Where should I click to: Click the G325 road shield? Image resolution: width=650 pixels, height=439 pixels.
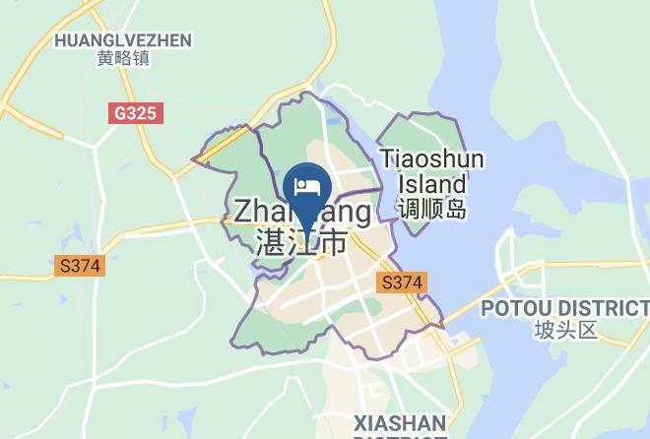pyautogui.click(x=135, y=113)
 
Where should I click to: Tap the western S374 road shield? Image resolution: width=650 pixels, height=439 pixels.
pyautogui.click(x=80, y=266)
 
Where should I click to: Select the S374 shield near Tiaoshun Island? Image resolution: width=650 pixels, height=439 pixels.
pyautogui.click(x=402, y=282)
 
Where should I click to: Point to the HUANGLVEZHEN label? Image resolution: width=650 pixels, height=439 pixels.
pyautogui.click(x=123, y=40)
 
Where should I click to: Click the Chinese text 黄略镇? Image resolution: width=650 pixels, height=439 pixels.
pyautogui.click(x=123, y=59)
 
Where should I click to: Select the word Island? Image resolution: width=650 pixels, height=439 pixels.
pyautogui.click(x=432, y=184)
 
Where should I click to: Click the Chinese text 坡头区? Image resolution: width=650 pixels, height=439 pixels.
pyautogui.click(x=566, y=330)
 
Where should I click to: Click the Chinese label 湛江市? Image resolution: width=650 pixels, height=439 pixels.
pyautogui.click(x=301, y=242)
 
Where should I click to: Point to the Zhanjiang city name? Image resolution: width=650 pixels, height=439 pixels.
pyautogui.click(x=302, y=214)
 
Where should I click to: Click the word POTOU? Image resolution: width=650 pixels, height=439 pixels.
pyautogui.click(x=513, y=309)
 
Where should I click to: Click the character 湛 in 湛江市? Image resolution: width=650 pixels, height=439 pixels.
pyautogui.click(x=269, y=242)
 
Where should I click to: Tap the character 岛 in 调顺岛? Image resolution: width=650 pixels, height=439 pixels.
pyautogui.click(x=455, y=209)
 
